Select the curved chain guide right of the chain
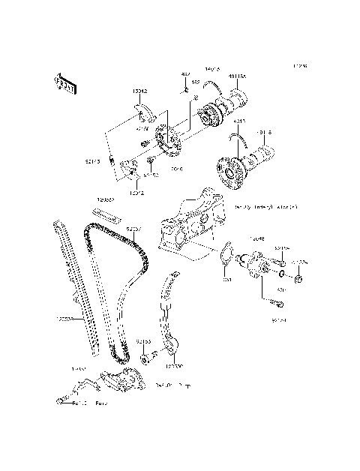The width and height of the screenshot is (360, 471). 170,315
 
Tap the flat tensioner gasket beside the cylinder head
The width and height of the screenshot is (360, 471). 225,255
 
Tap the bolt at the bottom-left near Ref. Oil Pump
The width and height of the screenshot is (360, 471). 59,403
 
